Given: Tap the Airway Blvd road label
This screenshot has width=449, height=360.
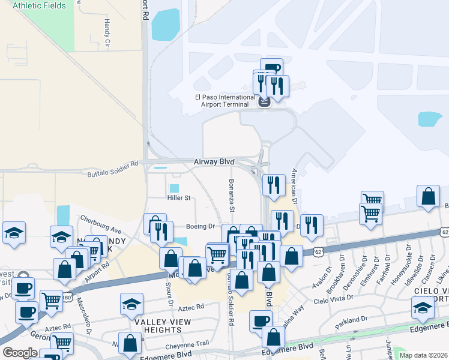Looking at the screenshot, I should point(214,162).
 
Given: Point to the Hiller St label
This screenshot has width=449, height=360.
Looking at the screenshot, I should point(179,197).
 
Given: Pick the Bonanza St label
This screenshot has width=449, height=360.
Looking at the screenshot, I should point(231,196).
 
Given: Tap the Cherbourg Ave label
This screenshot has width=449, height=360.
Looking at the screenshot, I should point(101,224).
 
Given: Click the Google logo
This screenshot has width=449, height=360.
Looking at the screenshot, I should point(20,352).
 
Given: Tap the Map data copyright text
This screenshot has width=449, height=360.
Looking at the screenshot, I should point(423,355).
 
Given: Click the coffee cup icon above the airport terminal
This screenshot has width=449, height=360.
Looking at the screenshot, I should point(271,68).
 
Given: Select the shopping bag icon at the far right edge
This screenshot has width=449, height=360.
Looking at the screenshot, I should point(429,196).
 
